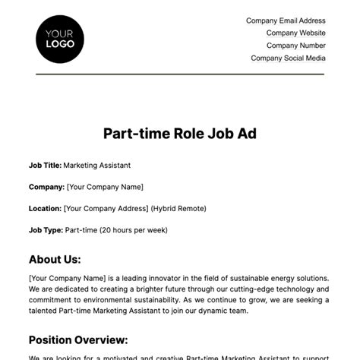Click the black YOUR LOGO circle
[60, 39]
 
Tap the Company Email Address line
[286, 21]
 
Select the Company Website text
[295, 33]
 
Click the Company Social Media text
[288, 58]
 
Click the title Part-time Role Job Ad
[180, 133]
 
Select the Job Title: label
[45, 164]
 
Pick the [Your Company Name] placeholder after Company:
[105, 186]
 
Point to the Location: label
[46, 208]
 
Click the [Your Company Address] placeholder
[106, 208]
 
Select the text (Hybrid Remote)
[178, 208]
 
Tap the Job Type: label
[46, 230]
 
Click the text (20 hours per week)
[133, 230]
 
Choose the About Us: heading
[55, 259]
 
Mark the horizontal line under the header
[180, 74]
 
